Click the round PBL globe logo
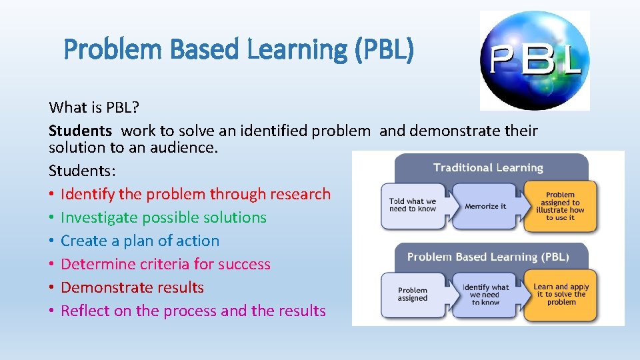point(535,59)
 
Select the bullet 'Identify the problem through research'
point(195,194)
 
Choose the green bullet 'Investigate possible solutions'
point(163,217)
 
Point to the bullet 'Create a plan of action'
point(140,241)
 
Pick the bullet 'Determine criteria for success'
point(165,264)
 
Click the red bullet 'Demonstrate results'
point(132,287)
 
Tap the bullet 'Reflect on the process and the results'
point(193,311)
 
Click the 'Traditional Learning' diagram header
point(488,167)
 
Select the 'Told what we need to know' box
point(413,205)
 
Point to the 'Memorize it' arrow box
point(485,206)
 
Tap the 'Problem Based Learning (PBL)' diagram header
point(488,257)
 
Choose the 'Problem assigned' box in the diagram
point(413,294)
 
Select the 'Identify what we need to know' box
point(485,295)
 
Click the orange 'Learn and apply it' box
point(561,294)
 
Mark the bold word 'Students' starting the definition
point(80,131)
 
